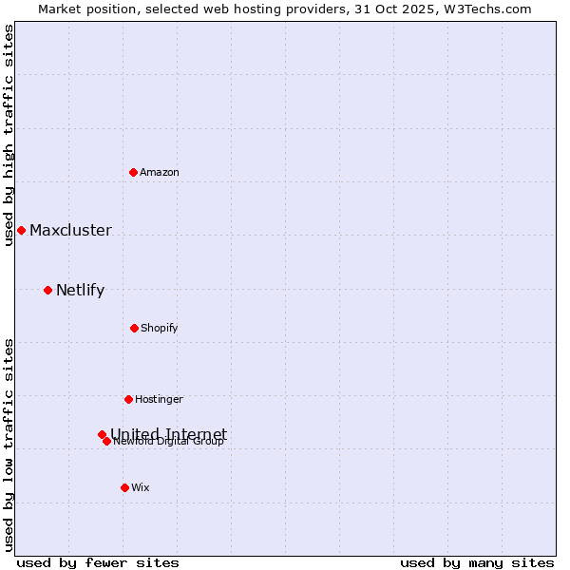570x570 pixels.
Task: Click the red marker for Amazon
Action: point(133,172)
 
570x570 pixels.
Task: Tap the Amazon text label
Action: point(160,172)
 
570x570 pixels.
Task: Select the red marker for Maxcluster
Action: point(21,230)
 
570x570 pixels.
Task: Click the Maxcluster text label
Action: point(70,231)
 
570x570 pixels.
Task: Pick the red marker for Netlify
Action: point(47,290)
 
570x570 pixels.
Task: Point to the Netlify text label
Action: point(80,291)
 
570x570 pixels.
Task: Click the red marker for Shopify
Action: point(134,328)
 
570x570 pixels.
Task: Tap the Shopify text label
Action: point(160,329)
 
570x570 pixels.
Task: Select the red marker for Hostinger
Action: point(128,399)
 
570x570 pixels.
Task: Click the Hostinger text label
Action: point(159,400)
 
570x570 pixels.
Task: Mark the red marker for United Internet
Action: point(102,434)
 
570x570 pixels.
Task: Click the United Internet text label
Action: point(169,433)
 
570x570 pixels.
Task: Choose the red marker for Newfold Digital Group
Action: point(106,441)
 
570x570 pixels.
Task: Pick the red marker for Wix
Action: point(124,487)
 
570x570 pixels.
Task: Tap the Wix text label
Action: point(141,488)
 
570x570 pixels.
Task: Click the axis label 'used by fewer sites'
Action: point(98,562)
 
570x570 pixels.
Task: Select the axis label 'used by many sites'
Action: point(477,562)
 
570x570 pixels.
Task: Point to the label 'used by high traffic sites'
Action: point(9,135)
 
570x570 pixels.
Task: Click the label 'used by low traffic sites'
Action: point(9,445)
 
